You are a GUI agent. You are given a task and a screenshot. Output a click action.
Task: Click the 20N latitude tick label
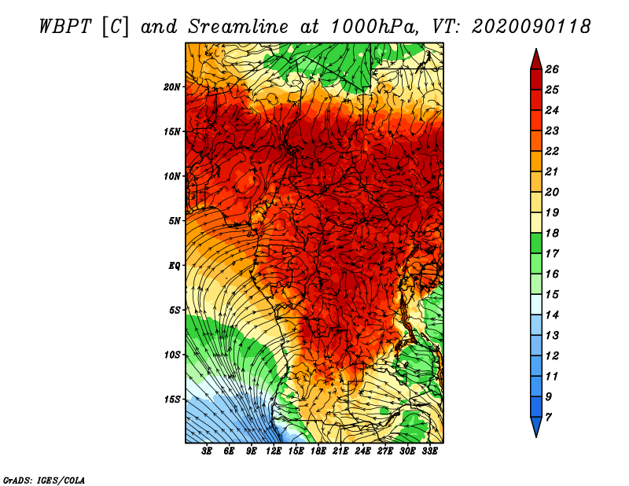pyautogui.click(x=172, y=87)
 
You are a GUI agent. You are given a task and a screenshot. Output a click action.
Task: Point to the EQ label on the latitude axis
pyautogui.click(x=175, y=266)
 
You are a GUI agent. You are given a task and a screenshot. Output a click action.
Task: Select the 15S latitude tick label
pyautogui.click(x=172, y=399)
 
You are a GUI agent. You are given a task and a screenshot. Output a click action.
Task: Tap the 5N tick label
pyautogui.click(x=175, y=221)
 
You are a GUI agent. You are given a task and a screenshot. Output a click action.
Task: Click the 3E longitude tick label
pyautogui.click(x=207, y=451)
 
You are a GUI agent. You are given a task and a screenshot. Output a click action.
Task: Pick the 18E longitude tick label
pyautogui.click(x=318, y=451)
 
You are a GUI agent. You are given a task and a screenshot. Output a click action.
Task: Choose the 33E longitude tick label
pyautogui.click(x=429, y=451)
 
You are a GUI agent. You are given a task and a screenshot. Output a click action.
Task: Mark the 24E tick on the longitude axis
pyautogui.click(x=362, y=451)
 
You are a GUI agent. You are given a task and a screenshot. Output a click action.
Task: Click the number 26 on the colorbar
pyautogui.click(x=552, y=69)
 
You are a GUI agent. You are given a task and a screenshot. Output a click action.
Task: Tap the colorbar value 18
pyautogui.click(x=552, y=233)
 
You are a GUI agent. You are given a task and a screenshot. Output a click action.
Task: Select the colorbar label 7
pyautogui.click(x=548, y=418)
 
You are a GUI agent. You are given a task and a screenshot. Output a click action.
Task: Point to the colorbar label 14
pyautogui.click(x=552, y=315)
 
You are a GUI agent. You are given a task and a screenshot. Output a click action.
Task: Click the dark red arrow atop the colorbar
pyautogui.click(x=536, y=60)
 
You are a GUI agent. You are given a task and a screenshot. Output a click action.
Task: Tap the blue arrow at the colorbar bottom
pyautogui.click(x=536, y=427)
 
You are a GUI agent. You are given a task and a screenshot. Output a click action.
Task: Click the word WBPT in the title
pyautogui.click(x=66, y=27)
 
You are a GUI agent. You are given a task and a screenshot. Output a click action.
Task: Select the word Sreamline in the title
pyautogui.click(x=238, y=27)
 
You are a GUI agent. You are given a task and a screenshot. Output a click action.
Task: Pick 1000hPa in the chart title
pyautogui.click(x=373, y=27)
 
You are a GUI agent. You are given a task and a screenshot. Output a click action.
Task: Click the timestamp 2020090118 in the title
pyautogui.click(x=532, y=27)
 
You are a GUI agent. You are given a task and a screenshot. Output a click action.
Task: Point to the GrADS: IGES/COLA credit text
pyautogui.click(x=44, y=480)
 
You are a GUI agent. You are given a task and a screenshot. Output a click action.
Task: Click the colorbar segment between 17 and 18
pyautogui.click(x=536, y=244)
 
